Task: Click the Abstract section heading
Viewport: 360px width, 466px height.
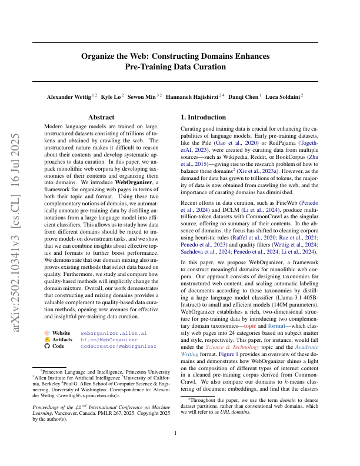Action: pyautogui.click(x=101, y=118)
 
